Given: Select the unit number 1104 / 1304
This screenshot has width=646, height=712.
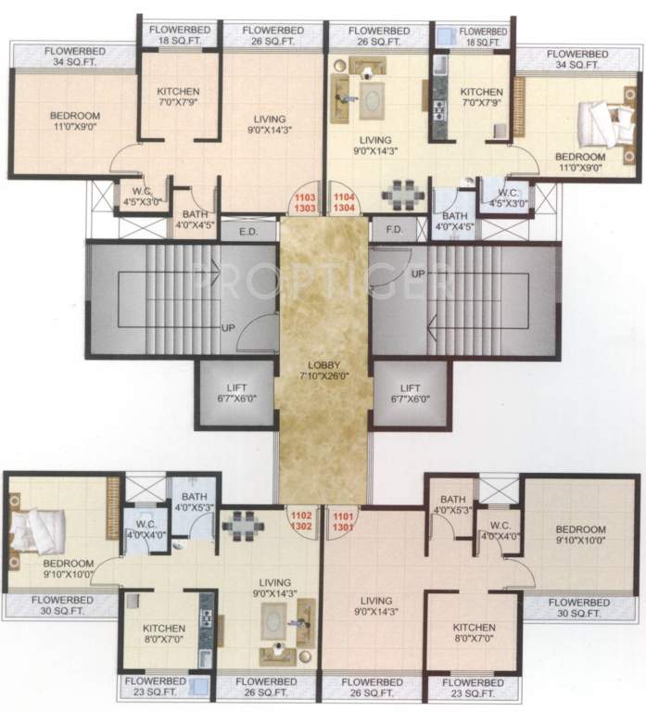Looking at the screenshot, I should pos(343,203).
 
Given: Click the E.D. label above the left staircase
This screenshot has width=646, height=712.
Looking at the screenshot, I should pos(248,231).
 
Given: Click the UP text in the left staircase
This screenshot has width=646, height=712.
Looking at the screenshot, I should pos(227,328).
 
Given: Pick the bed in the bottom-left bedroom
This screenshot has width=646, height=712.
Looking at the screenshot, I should pos(34,531).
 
